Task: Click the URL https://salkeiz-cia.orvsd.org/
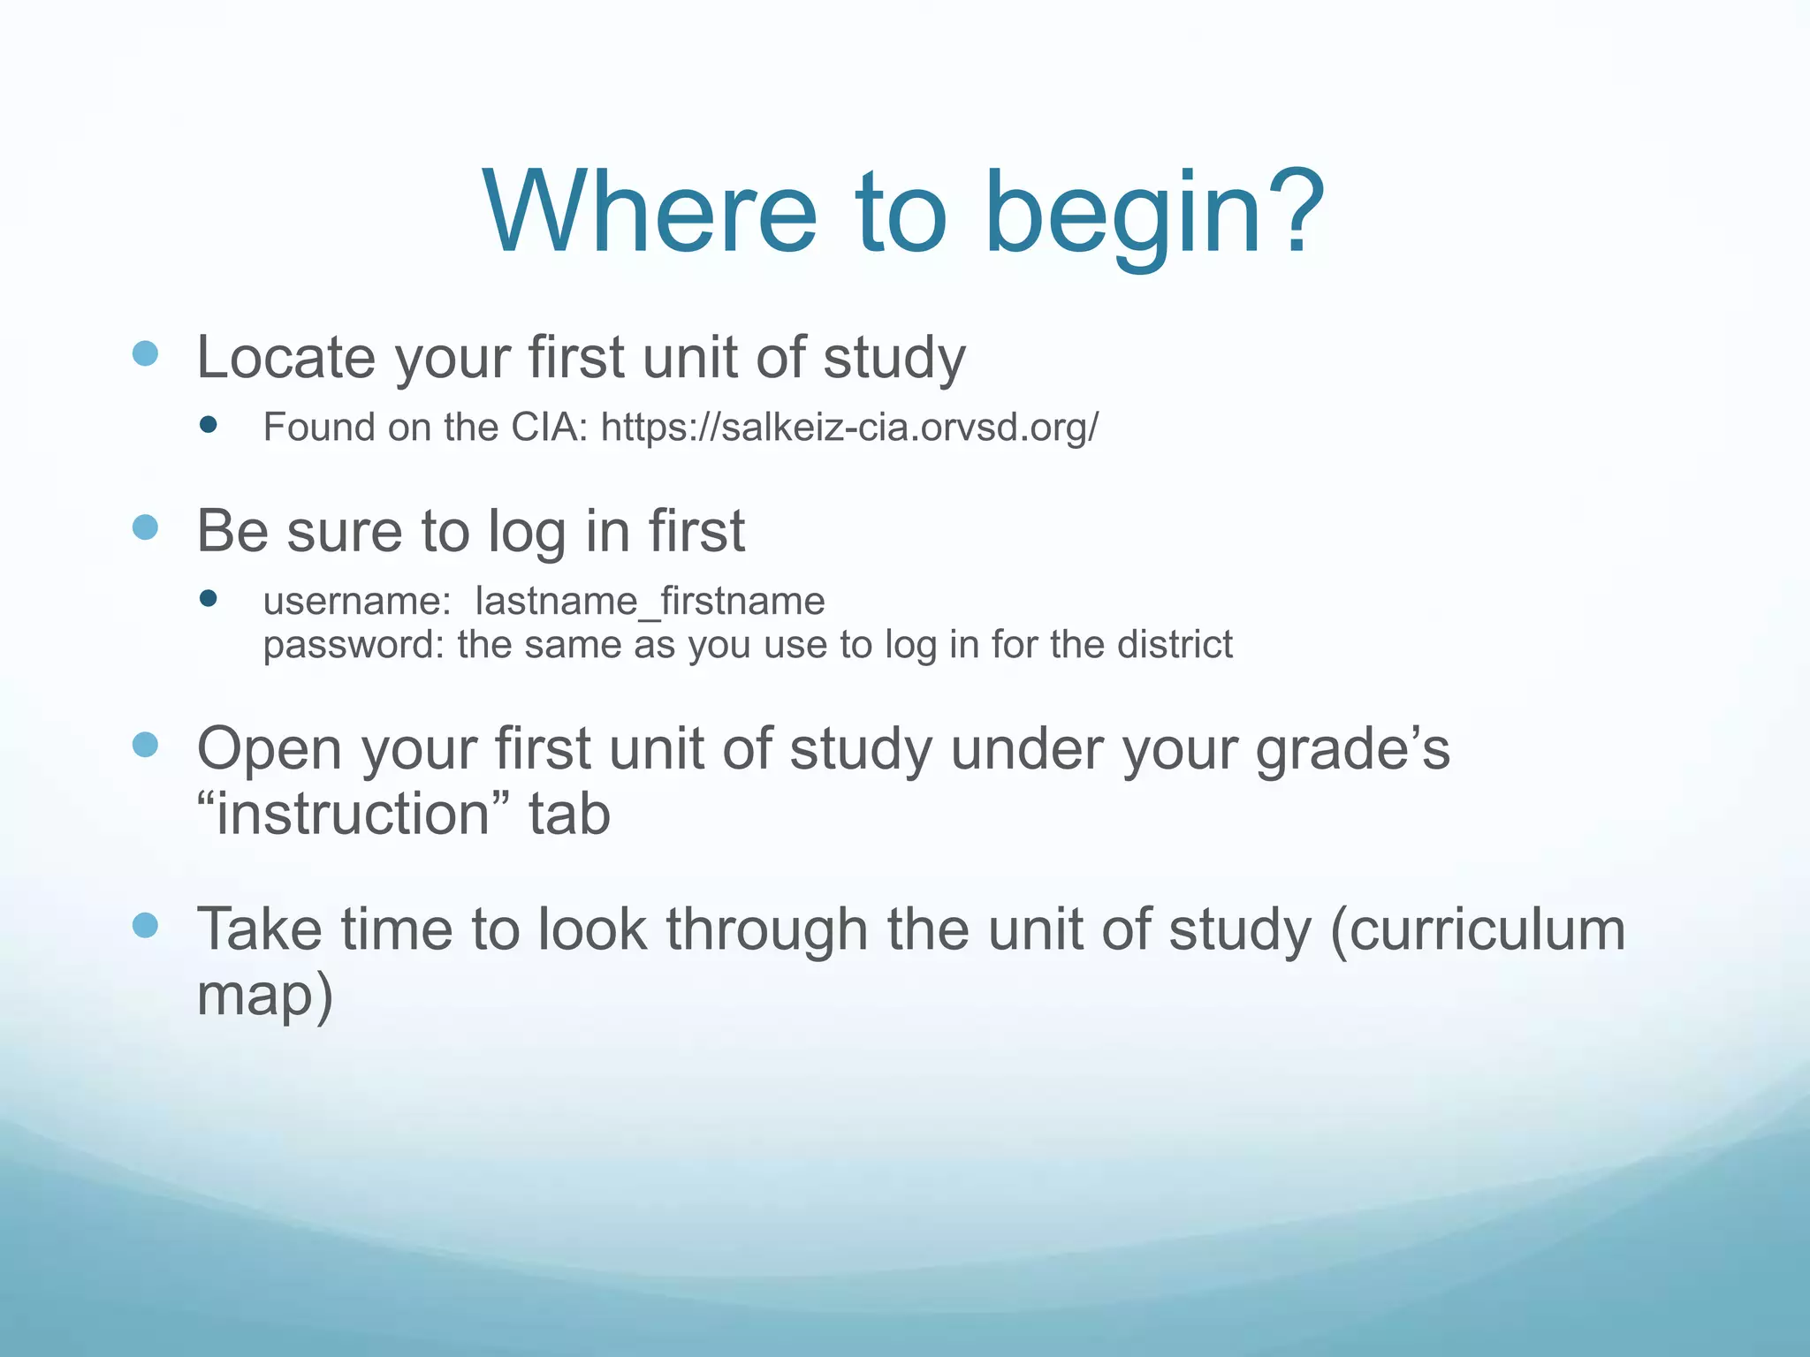(849, 428)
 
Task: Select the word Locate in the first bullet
(285, 358)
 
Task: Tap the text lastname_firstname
(650, 602)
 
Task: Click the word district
(1175, 644)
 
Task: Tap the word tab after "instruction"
(569, 814)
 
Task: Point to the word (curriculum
(1477, 930)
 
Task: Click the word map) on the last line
(264, 997)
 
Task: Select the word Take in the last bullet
(259, 929)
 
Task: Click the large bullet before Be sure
(145, 528)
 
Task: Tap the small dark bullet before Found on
(209, 426)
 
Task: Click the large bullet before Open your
(145, 745)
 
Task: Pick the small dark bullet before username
(209, 599)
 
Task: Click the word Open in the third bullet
(269, 749)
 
